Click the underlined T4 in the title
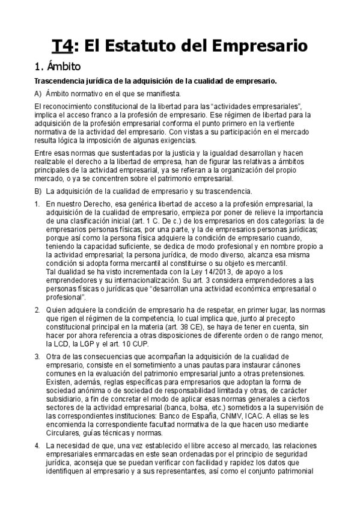(x=62, y=46)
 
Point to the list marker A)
(x=38, y=94)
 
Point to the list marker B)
(x=38, y=191)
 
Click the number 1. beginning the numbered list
(x=37, y=205)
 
